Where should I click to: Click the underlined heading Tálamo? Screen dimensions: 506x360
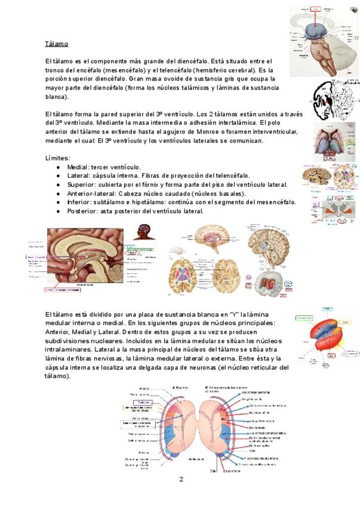click(x=56, y=44)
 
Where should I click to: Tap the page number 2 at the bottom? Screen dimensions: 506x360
click(x=181, y=479)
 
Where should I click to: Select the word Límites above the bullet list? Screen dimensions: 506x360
click(x=57, y=158)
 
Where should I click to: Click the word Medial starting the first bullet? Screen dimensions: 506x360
click(x=78, y=167)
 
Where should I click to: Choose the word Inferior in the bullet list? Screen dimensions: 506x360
click(x=80, y=202)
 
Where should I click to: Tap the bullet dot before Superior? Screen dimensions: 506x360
click(x=58, y=184)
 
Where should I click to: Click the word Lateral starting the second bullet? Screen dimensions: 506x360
click(x=78, y=176)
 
